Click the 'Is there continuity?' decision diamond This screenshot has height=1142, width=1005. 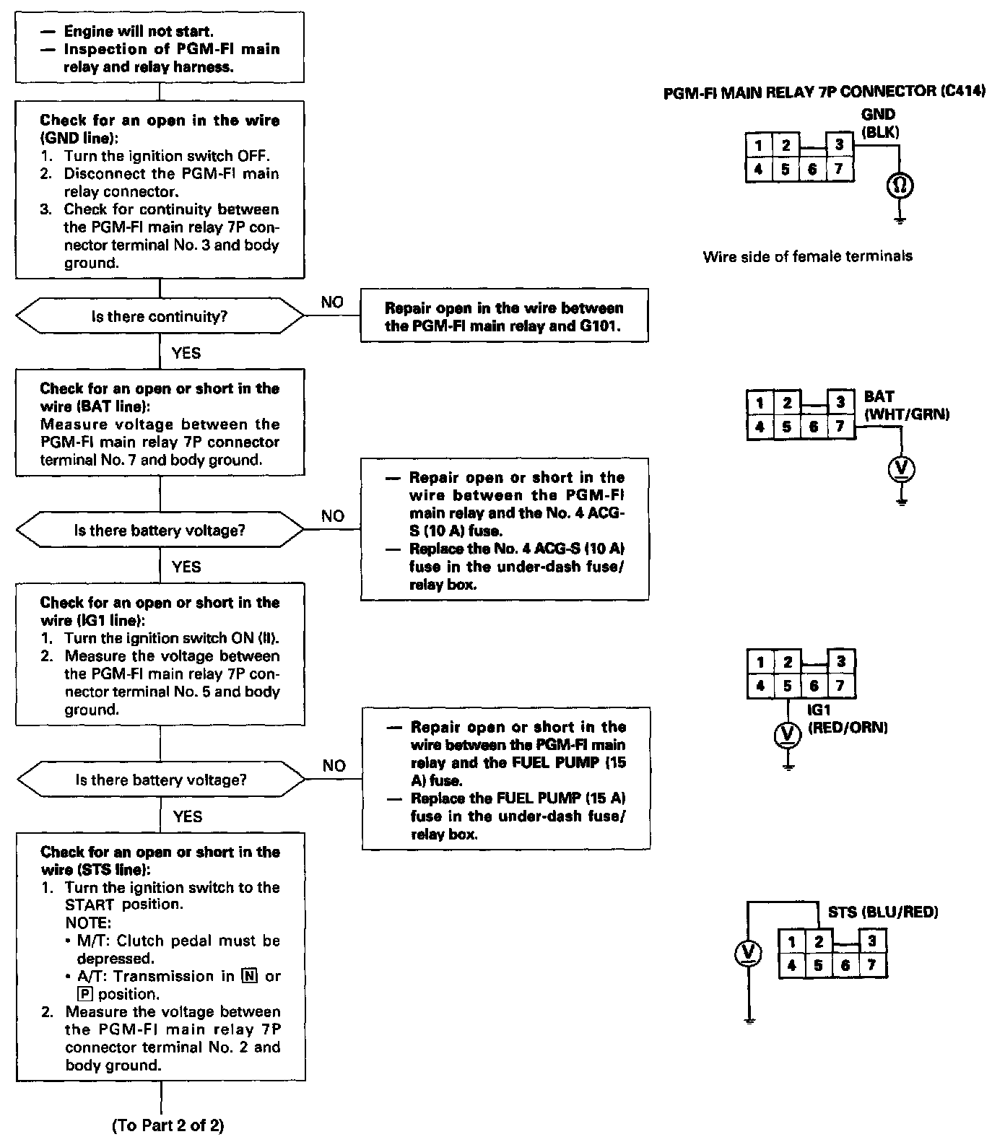click(x=160, y=317)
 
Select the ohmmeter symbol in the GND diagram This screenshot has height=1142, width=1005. click(x=900, y=186)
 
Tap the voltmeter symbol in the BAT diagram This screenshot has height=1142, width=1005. click(x=901, y=470)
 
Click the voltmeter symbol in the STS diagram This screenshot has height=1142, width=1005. click(x=748, y=954)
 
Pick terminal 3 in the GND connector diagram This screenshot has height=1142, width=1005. click(x=839, y=145)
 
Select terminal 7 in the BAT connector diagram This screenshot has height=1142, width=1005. click(x=840, y=427)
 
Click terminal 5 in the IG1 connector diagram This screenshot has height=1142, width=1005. click(x=787, y=686)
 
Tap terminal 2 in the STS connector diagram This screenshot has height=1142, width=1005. click(x=819, y=941)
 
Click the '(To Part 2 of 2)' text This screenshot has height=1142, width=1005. click(x=168, y=1125)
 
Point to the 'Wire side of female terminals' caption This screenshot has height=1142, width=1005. click(x=807, y=256)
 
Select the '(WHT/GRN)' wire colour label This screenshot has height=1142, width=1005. click(x=907, y=414)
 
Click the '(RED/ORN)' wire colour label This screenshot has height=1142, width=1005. click(x=848, y=727)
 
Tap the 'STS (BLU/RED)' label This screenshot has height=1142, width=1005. click(x=882, y=912)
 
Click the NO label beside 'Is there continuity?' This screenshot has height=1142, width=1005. click(x=332, y=302)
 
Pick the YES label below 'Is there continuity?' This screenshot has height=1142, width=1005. click(x=186, y=353)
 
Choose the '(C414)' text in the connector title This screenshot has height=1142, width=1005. click(x=964, y=92)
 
